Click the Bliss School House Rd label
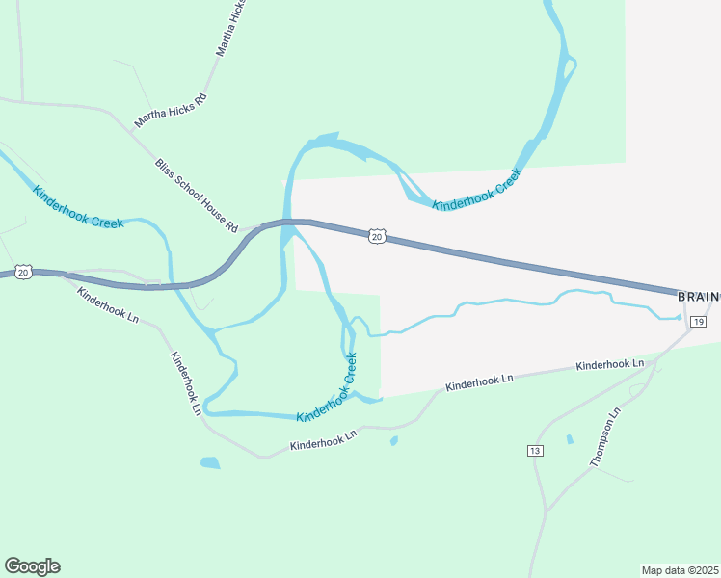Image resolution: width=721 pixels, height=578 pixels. [x=196, y=196]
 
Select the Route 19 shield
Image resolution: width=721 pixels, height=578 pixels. [x=700, y=320]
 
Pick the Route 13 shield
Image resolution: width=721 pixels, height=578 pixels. [x=536, y=451]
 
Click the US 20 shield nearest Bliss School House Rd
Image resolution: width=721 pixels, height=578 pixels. [x=377, y=236]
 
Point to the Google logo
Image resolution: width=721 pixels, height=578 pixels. [x=32, y=566]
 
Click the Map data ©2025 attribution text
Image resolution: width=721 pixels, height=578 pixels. [x=681, y=570]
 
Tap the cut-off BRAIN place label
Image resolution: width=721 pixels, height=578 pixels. [x=699, y=297]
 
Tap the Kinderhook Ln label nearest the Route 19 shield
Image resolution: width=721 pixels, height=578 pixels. [x=609, y=365]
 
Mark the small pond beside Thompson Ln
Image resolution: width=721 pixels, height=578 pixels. [x=570, y=439]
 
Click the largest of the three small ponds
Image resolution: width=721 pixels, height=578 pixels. [x=210, y=462]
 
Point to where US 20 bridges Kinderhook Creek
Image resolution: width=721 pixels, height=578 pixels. [x=287, y=223]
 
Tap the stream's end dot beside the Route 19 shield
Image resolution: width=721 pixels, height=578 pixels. [x=679, y=317]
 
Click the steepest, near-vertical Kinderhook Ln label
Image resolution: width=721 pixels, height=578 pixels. [x=186, y=382]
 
